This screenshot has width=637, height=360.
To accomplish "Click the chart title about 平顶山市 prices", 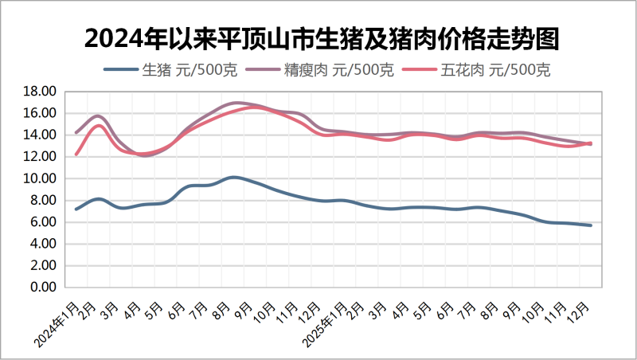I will click(x=318, y=37).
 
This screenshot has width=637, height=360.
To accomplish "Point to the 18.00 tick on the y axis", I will click(x=39, y=92).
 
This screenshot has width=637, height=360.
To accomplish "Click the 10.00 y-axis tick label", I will click(x=39, y=178).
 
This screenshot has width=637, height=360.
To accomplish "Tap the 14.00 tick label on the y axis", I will click(x=39, y=135).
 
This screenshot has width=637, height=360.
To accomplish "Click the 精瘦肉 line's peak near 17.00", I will click(x=236, y=103).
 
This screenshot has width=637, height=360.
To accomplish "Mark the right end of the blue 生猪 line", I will click(x=591, y=225).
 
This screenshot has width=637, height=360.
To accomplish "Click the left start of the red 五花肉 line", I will click(x=76, y=155).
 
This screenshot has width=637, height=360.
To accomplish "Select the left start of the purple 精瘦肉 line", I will click(x=76, y=132).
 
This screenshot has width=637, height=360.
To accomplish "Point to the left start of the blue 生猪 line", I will click(x=76, y=209).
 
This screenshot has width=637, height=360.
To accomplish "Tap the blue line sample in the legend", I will click(x=121, y=70).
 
